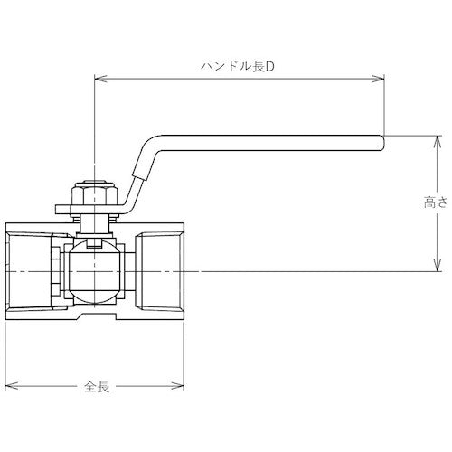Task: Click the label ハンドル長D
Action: point(238,67)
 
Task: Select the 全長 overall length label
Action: point(97,387)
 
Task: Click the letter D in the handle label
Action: point(268,67)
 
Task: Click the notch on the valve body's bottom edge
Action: point(97,319)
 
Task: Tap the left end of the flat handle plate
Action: point(60,212)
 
